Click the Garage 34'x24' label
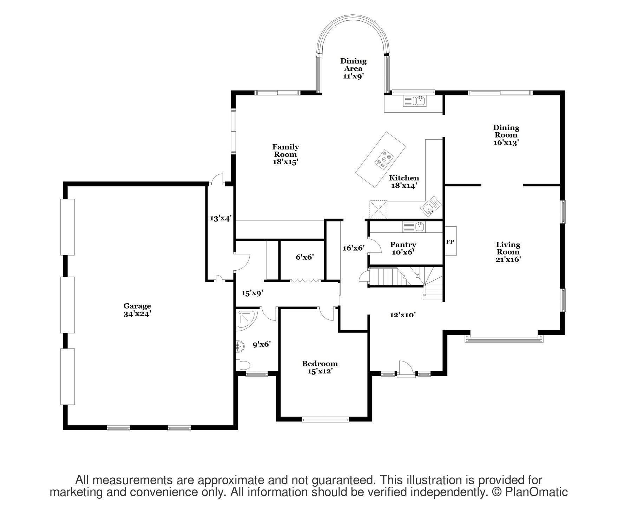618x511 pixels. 137,310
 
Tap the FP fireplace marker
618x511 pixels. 450,242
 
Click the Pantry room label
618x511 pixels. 403,248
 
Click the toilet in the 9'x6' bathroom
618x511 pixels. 243,365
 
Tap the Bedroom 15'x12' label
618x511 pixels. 320,367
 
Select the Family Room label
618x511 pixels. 285,154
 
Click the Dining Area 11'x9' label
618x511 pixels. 353,68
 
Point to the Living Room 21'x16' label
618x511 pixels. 508,252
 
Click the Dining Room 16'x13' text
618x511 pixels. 506,135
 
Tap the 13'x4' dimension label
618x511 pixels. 221,218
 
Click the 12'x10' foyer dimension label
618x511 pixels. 403,315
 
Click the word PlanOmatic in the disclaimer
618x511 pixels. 537,492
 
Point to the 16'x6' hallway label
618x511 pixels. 354,248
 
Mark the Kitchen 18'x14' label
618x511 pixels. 404,182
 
